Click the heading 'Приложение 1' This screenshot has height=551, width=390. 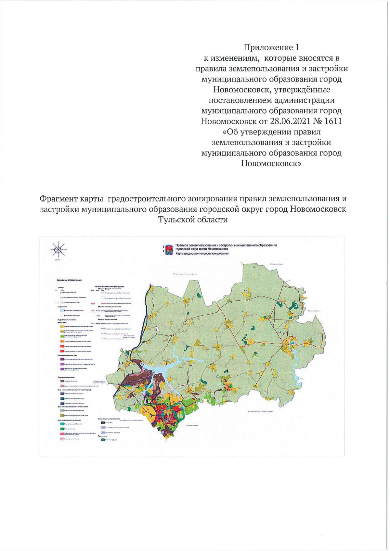(271, 47)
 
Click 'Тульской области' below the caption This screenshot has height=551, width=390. (193, 219)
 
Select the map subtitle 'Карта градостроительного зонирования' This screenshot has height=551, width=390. (202, 254)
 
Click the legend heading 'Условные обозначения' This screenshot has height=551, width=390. (69, 280)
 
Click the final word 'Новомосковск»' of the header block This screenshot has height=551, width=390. (271, 163)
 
